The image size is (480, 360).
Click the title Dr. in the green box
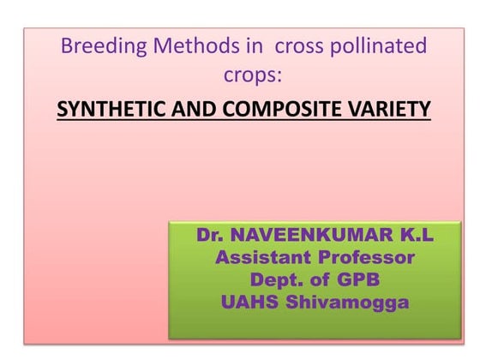(x=212, y=235)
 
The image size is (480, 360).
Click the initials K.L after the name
(x=410, y=235)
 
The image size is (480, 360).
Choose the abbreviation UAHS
(x=255, y=302)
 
